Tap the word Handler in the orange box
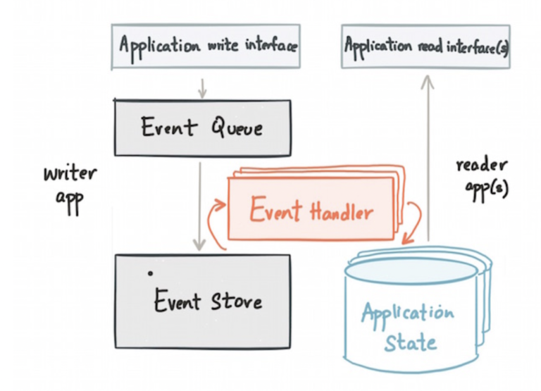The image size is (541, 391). coord(337,210)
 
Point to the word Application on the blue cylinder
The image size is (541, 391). coord(408,313)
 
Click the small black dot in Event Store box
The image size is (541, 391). coord(149,272)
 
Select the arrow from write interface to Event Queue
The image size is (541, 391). coord(201,87)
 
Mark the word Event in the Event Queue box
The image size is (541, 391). coord(168,128)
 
